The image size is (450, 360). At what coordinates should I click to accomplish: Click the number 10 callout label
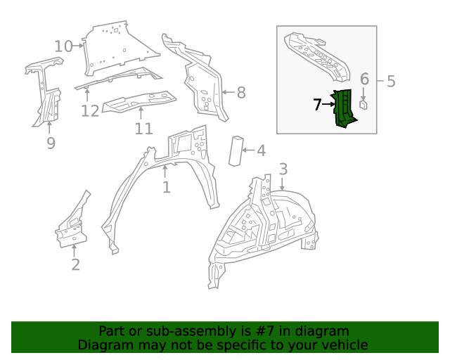63,46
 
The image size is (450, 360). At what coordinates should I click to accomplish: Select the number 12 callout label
89,110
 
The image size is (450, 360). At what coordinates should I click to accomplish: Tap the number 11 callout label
143,129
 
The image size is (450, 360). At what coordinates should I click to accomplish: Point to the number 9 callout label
51,143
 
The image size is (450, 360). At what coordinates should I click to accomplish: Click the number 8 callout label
240,92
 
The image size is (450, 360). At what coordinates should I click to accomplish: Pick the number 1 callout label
166,187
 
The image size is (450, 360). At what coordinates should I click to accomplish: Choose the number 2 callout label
75,264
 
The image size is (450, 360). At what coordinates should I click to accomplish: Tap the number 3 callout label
283,169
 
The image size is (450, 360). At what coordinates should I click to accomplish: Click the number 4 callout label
260,150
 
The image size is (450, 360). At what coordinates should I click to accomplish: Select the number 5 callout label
391,82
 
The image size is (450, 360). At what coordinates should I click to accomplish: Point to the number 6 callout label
364,79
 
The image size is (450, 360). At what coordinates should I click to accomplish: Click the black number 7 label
318,105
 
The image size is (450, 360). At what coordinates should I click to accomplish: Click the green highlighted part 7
345,109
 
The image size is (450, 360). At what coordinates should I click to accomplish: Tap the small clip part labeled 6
364,105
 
